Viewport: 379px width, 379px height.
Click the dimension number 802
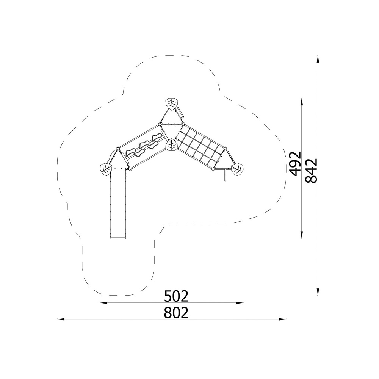click(176, 313)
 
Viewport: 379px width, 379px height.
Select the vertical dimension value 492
click(295, 163)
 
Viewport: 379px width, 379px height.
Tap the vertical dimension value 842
click(311, 171)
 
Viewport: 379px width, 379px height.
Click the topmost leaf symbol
click(172, 104)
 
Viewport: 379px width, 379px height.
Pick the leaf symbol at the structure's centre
click(172, 145)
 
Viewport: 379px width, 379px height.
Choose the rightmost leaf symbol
click(237, 169)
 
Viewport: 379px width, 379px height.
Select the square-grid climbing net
click(200, 146)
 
